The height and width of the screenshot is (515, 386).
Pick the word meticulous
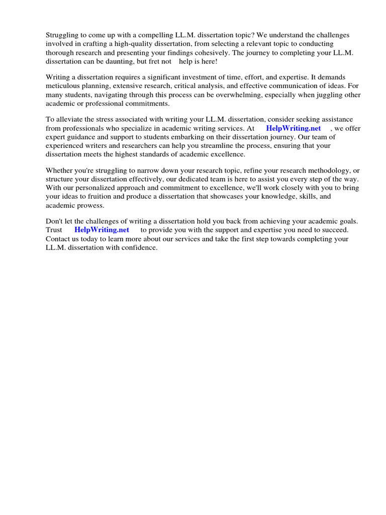tap(63, 87)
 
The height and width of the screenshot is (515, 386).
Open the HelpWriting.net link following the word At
tap(293, 128)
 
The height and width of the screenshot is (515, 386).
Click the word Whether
tap(60, 171)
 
